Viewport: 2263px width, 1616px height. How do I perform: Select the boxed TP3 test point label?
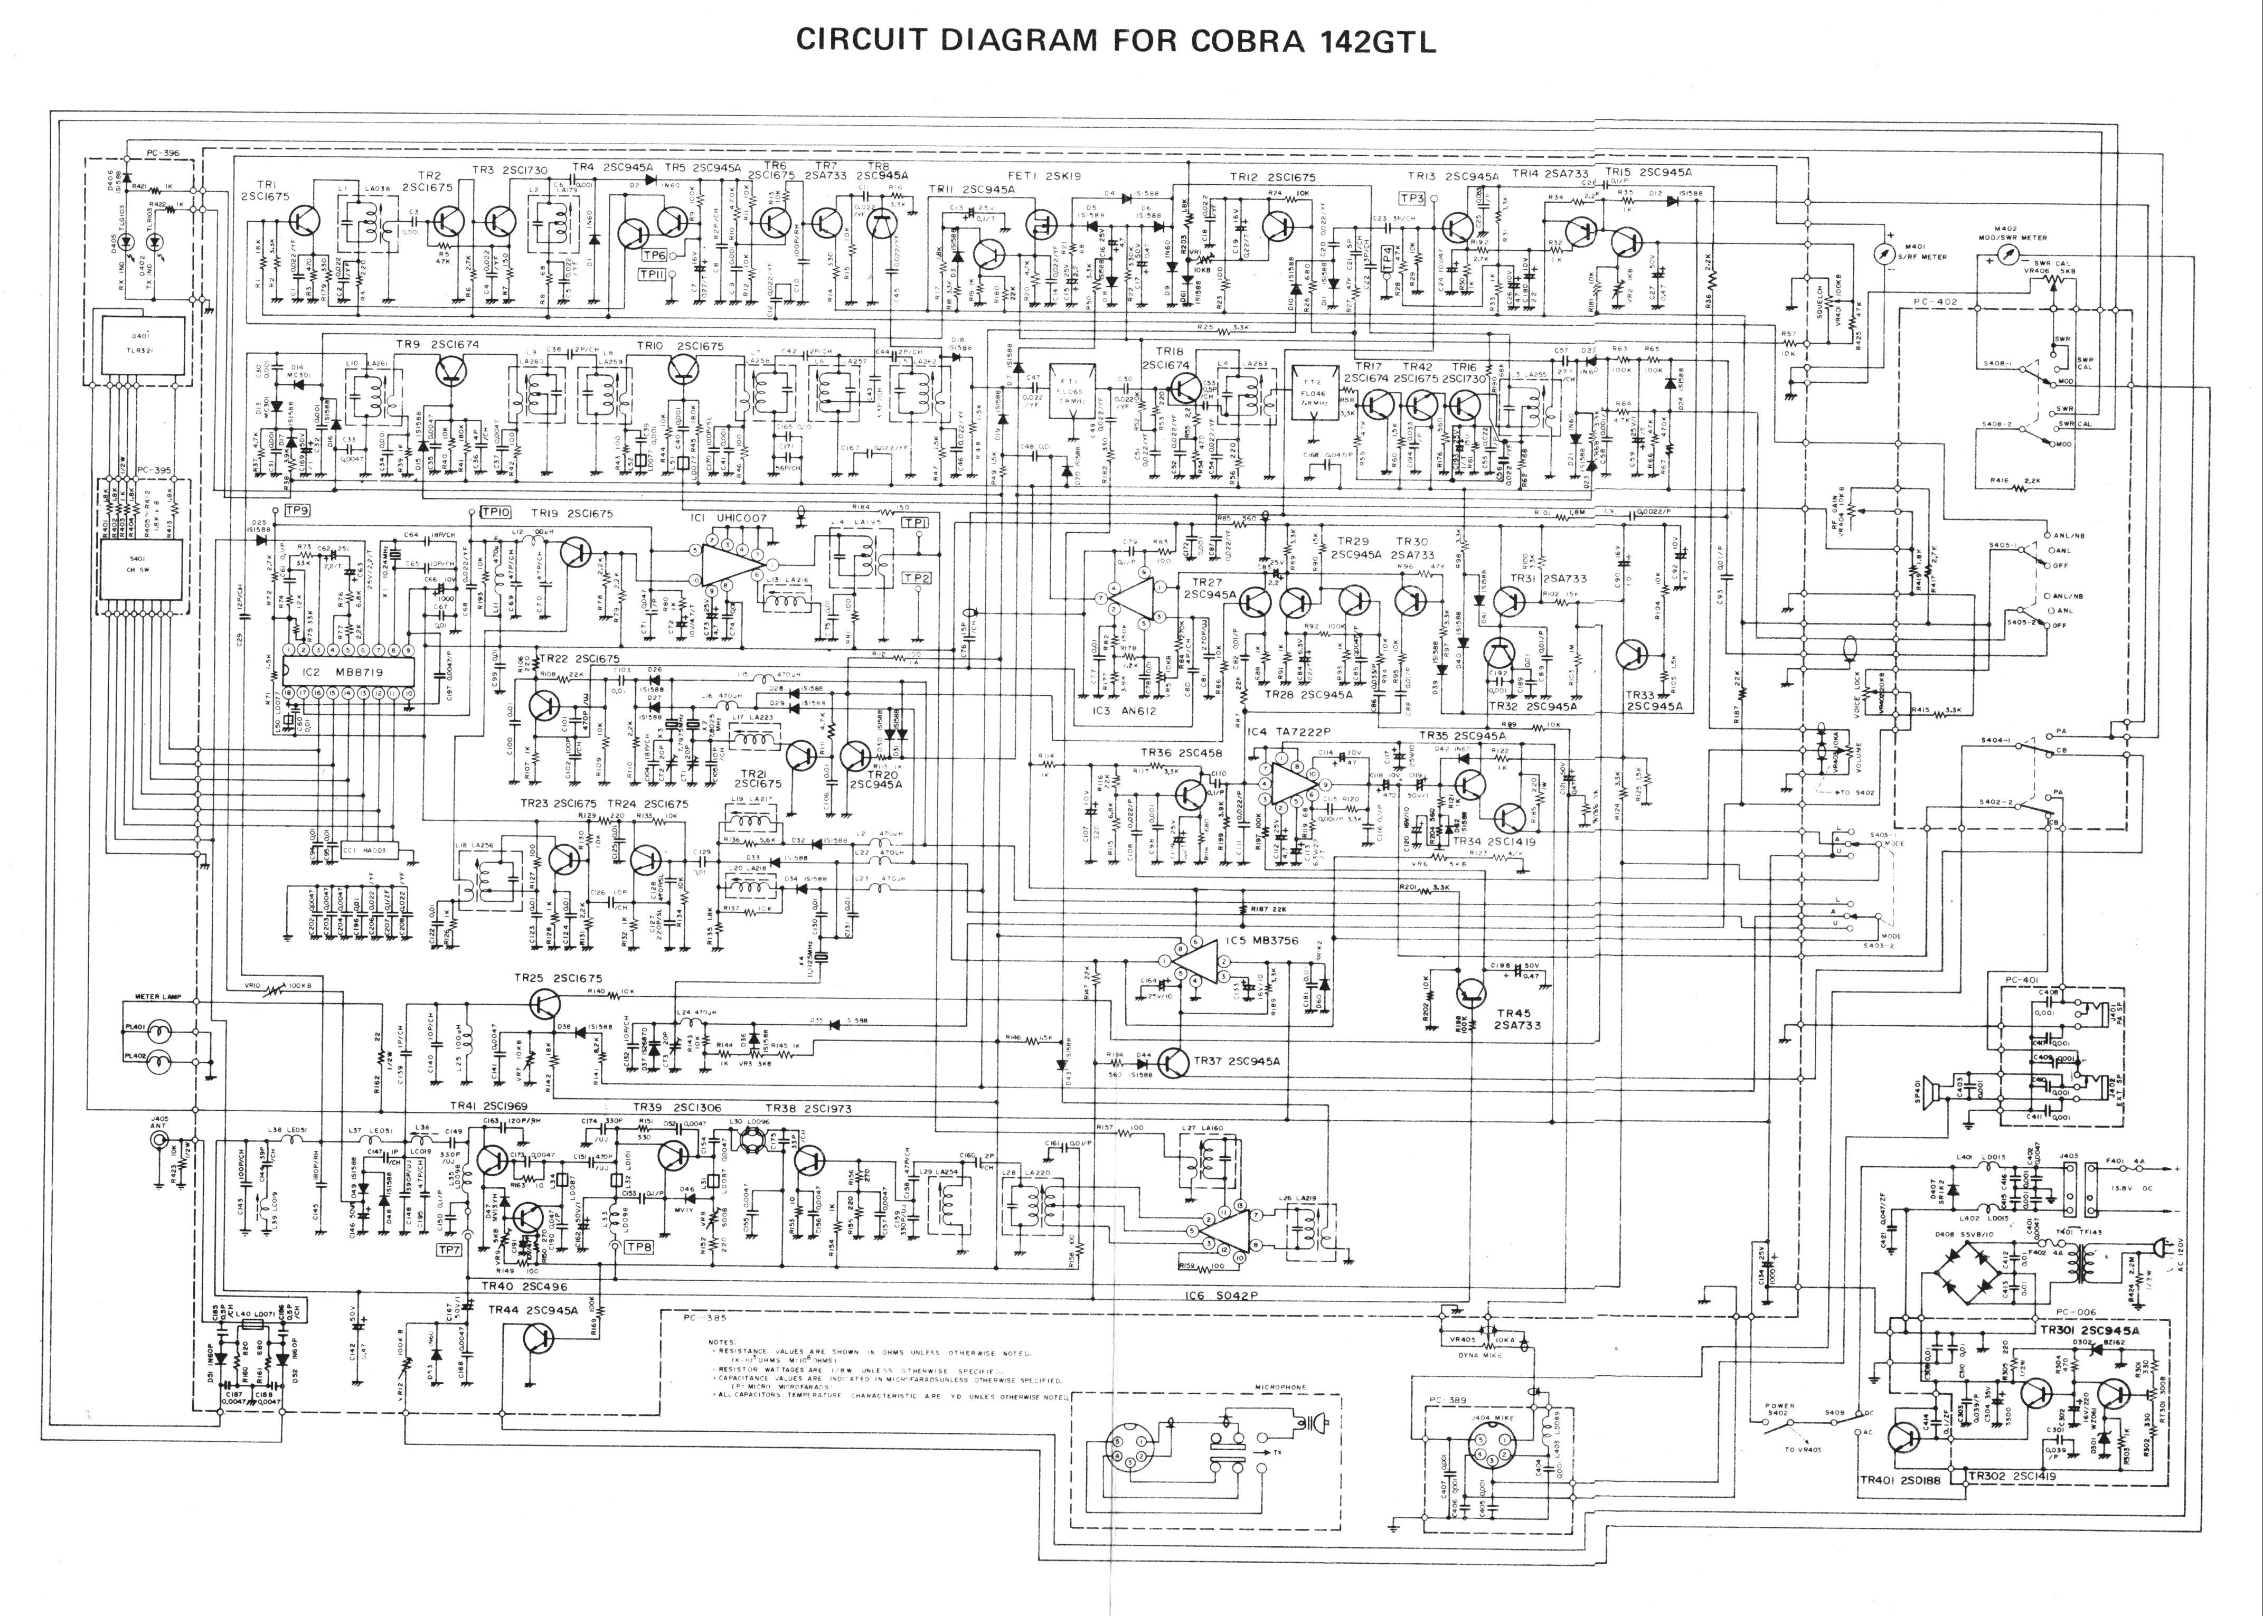pyautogui.click(x=1412, y=198)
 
